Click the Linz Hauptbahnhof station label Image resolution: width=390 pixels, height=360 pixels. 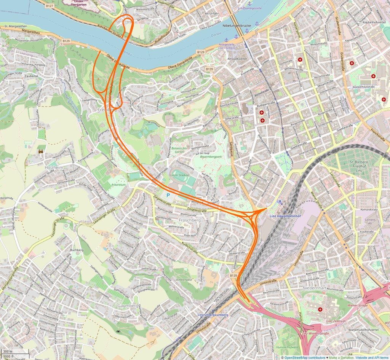coord(283,217)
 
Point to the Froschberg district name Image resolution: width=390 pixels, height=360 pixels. coord(189,220)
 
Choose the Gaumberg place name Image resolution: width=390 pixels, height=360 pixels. coord(128,306)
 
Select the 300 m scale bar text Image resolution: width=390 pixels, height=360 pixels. coord(8,351)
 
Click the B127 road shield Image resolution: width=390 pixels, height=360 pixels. coord(49,6)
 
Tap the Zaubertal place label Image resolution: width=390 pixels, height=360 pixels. coord(30,76)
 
